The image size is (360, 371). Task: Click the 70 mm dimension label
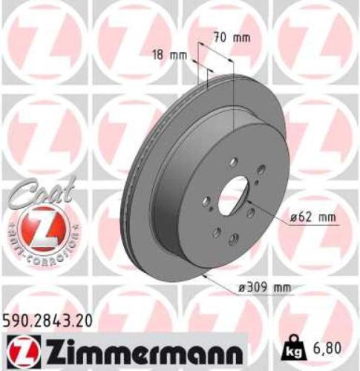point(230,36)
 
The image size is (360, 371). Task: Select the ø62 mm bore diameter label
point(313,217)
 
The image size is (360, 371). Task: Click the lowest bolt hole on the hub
point(233,238)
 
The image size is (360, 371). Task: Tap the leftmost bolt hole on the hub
point(206,201)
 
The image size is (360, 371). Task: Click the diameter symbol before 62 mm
point(295,217)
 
